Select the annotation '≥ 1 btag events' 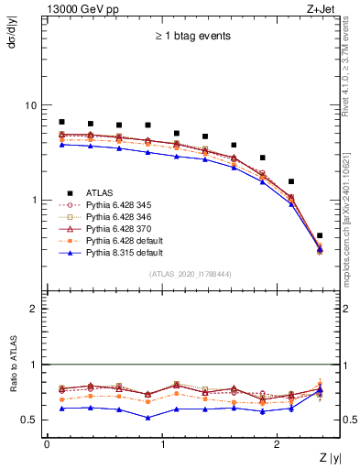pyautogui.click(x=191, y=37)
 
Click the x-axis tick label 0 pyautogui.click(x=47, y=444)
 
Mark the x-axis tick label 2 pyautogui.click(x=278, y=444)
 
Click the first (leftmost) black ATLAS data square pyautogui.click(x=61, y=122)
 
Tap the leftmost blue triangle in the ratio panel pyautogui.click(x=61, y=409)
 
